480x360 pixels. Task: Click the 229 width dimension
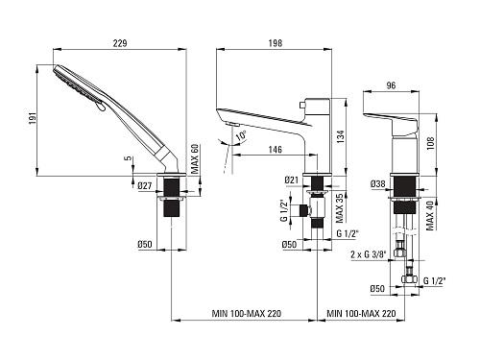[120, 43]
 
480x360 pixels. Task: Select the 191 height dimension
[34, 118]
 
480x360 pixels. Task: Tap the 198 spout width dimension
[276, 43]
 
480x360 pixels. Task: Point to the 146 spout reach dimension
[276, 150]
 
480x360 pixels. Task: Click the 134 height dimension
[341, 136]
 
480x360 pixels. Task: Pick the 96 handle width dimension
[391, 85]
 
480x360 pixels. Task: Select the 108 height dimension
[430, 143]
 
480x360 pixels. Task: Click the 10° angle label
[242, 135]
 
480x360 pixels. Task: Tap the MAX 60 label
[195, 159]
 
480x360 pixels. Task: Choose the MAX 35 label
[340, 208]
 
